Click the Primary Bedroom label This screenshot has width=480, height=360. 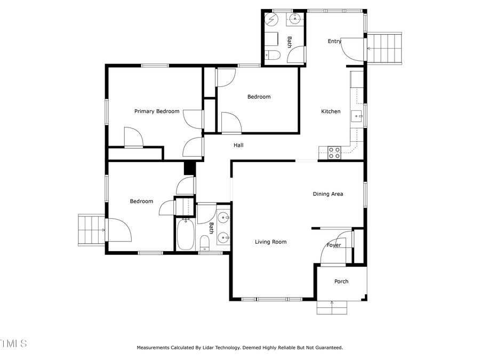[156, 111]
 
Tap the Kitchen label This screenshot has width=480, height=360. [331, 111]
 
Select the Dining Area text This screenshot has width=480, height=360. [327, 194]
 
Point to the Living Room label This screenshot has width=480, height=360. [270, 242]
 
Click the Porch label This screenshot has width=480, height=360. [341, 282]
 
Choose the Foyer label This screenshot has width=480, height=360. [334, 245]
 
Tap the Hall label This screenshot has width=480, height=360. [238, 145]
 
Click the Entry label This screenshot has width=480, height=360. [334, 42]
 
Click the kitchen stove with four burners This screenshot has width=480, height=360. [334, 153]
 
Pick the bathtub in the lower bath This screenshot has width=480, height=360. [186, 235]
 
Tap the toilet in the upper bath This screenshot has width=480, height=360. [271, 54]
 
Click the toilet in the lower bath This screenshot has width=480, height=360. [204, 244]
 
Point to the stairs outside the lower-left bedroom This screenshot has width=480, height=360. [91, 230]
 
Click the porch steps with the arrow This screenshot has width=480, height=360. [332, 308]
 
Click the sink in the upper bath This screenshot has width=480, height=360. [295, 19]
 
